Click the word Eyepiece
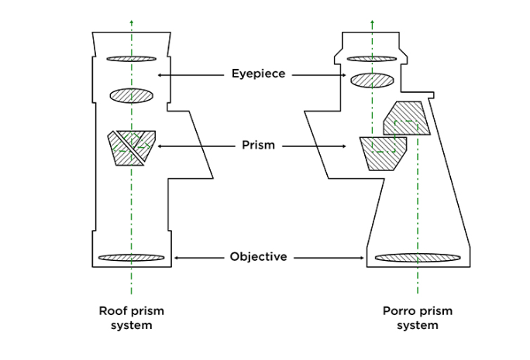pos(259,74)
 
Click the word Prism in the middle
pos(258,145)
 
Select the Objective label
pos(259,256)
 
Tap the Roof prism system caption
pos(131,318)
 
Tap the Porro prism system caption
pos(418,318)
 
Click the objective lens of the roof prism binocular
pos(131,257)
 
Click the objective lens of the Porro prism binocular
pos(418,257)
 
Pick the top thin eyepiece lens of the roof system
pos(131,58)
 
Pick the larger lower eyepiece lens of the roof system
pos(131,95)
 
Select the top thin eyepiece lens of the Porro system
pos(372,58)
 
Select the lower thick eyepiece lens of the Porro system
pos(372,80)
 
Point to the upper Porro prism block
pos(407,118)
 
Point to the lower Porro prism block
pos(384,152)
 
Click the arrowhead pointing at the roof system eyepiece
pos(160,74)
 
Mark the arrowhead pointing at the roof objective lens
pos(177,257)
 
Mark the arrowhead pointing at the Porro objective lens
pos(363,257)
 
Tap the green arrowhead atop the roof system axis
pos(131,22)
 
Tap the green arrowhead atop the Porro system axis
pos(372,22)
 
